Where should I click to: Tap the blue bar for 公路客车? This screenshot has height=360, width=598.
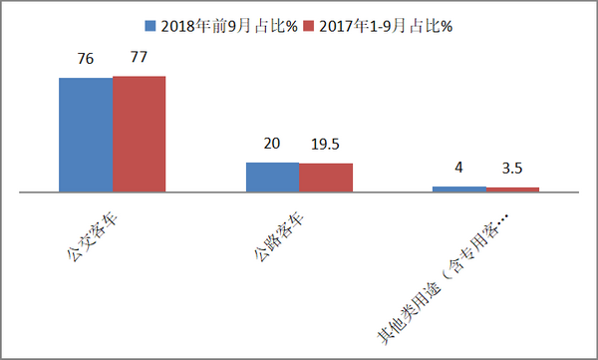pyautogui.click(x=272, y=177)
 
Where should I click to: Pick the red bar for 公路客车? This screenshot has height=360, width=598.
pyautogui.click(x=326, y=177)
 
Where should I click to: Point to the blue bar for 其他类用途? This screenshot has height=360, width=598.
pyautogui.click(x=458, y=188)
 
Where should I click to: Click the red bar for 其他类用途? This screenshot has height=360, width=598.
pyautogui.click(x=512, y=188)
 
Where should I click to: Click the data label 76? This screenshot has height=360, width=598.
pyautogui.click(x=86, y=61)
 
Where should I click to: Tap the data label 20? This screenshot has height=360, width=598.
pyautogui.click(x=272, y=144)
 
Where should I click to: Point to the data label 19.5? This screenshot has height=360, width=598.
pyautogui.click(x=326, y=145)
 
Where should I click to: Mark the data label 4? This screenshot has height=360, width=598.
pyautogui.click(x=458, y=168)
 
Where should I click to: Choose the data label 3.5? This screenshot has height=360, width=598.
pyautogui.click(x=512, y=169)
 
